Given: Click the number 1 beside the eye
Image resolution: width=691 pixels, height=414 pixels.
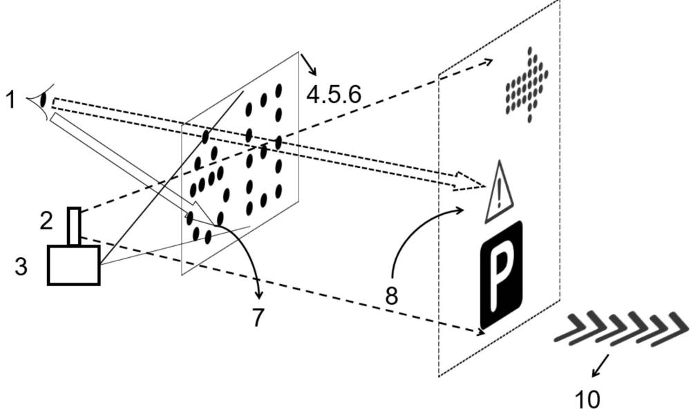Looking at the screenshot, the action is click(x=10, y=100).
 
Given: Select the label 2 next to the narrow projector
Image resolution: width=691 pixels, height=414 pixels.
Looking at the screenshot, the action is click(x=46, y=221).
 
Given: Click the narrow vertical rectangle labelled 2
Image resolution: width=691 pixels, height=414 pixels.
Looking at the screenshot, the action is click(x=75, y=226).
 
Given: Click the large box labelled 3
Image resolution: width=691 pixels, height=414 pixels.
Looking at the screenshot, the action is click(x=74, y=265).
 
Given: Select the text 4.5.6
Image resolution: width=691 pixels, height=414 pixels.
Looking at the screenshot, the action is click(x=334, y=95).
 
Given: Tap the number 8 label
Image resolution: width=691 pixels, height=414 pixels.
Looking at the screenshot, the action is click(x=391, y=296).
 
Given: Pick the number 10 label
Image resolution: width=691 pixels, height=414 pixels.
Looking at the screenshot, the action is click(x=587, y=399).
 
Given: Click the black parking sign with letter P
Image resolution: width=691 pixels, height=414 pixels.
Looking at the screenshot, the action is click(x=501, y=274).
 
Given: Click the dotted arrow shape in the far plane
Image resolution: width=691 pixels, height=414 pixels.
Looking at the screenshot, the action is click(x=527, y=84).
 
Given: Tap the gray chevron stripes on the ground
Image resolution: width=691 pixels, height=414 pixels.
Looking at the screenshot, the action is click(x=621, y=328).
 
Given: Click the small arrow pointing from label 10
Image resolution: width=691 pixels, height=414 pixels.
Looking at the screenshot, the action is click(x=600, y=366).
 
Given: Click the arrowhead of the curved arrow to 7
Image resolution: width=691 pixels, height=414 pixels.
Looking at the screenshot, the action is click(x=259, y=293).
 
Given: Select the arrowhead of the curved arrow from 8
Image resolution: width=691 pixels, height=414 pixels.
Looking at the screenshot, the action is click(x=460, y=209).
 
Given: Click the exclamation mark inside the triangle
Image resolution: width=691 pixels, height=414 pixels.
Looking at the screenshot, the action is click(x=498, y=195).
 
